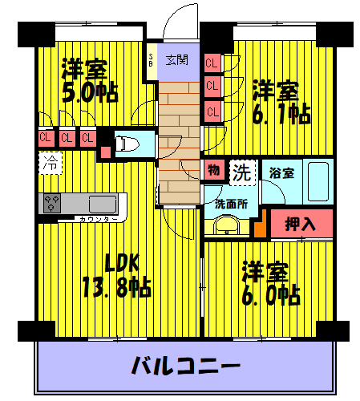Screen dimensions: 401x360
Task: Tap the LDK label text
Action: [123, 262]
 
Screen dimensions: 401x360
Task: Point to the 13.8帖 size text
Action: [115, 286]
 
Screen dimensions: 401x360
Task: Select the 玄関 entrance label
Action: [176, 59]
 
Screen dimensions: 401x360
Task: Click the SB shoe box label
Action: [151, 61]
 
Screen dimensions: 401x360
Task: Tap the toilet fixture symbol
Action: [124, 144]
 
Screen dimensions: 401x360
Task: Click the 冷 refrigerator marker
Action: [50, 163]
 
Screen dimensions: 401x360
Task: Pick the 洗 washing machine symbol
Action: [241, 171]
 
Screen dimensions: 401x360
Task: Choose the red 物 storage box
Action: [213, 171]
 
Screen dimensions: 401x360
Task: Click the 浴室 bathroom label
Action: [281, 172]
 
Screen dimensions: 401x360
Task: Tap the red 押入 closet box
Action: [300, 223]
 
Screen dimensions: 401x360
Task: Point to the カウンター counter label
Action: [99, 219]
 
